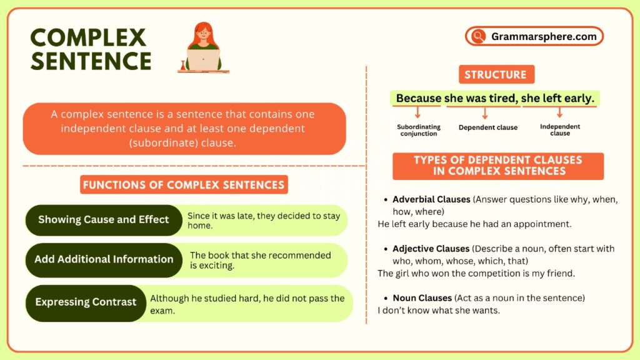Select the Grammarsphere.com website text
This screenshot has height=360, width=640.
tap(544, 36)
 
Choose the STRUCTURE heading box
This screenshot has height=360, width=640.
tap(495, 75)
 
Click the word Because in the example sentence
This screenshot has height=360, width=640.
tap(419, 98)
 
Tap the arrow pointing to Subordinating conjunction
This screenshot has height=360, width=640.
tap(417, 113)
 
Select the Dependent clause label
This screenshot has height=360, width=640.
tap(487, 127)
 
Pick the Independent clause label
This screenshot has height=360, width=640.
tap(559, 129)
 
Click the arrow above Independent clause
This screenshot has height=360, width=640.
tap(559, 112)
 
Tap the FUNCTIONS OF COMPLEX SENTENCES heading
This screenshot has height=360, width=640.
tap(184, 184)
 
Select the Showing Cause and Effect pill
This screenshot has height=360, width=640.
tap(103, 219)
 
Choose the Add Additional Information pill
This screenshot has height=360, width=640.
tap(104, 259)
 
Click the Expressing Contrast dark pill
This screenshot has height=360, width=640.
tap(86, 302)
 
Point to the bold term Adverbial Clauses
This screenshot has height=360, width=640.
tap(431, 199)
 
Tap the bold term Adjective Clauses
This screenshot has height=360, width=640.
tap(431, 248)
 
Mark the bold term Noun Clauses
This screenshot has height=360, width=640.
tap(422, 297)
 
